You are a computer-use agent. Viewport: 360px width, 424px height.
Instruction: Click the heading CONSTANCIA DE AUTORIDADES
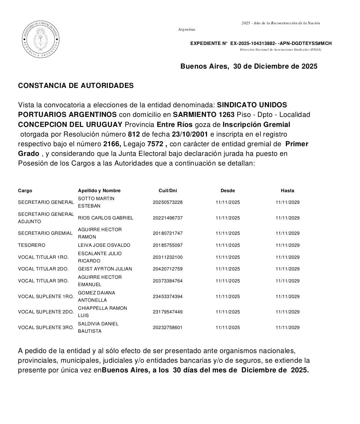[x=76, y=86]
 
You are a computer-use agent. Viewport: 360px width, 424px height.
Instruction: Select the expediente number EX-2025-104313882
[x=253, y=43]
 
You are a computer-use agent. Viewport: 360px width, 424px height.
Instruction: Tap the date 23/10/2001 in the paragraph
[x=189, y=134]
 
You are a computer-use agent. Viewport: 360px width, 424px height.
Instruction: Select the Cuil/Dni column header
[x=168, y=191]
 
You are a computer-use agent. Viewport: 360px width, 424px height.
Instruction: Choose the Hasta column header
[x=287, y=191]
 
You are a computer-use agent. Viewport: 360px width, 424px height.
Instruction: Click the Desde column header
[x=228, y=191]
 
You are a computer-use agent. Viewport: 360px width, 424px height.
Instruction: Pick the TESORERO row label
[x=32, y=245]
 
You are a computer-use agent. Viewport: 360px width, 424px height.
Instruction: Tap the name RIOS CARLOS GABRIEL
[x=105, y=218]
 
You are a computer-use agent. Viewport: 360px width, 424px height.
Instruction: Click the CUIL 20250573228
[x=168, y=202]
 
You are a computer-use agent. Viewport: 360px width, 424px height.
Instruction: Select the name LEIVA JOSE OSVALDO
[x=104, y=245]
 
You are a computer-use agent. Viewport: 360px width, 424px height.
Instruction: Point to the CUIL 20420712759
[x=168, y=269]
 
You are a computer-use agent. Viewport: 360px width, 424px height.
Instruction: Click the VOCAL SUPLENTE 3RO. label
[x=46, y=327]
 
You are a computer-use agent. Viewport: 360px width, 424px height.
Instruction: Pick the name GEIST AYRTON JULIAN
[x=105, y=269]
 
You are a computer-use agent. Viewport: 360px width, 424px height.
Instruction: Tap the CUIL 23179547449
[x=168, y=312]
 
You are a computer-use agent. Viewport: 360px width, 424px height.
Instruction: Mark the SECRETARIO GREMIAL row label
[x=45, y=233]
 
